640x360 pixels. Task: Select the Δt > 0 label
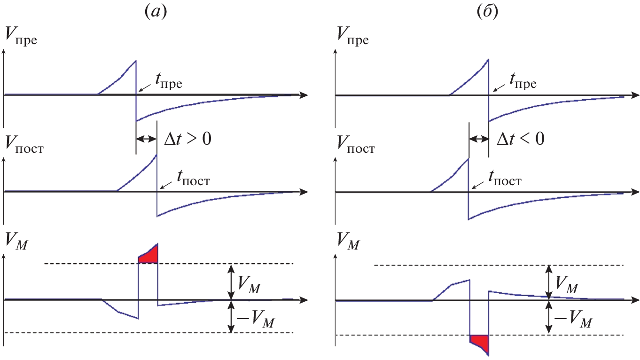click(x=187, y=139)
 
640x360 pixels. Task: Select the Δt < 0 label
click(x=520, y=139)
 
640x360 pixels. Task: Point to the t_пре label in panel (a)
click(x=167, y=84)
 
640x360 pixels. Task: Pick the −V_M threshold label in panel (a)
click(x=254, y=322)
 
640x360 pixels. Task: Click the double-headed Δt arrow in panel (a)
click(x=146, y=139)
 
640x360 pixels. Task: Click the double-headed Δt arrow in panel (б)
click(x=479, y=139)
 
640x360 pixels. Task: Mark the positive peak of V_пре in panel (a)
click(x=135, y=61)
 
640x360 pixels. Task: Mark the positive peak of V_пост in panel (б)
click(x=468, y=159)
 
